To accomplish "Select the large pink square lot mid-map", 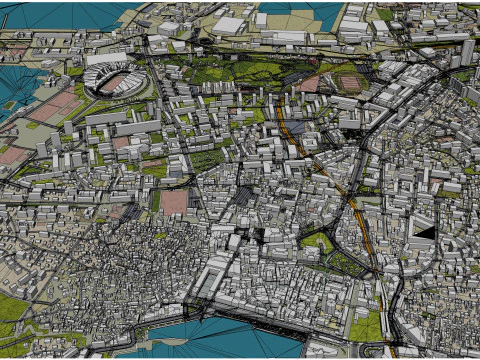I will click(174, 202).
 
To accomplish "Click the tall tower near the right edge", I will click(467, 52).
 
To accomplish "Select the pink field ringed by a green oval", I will click(351, 83).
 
